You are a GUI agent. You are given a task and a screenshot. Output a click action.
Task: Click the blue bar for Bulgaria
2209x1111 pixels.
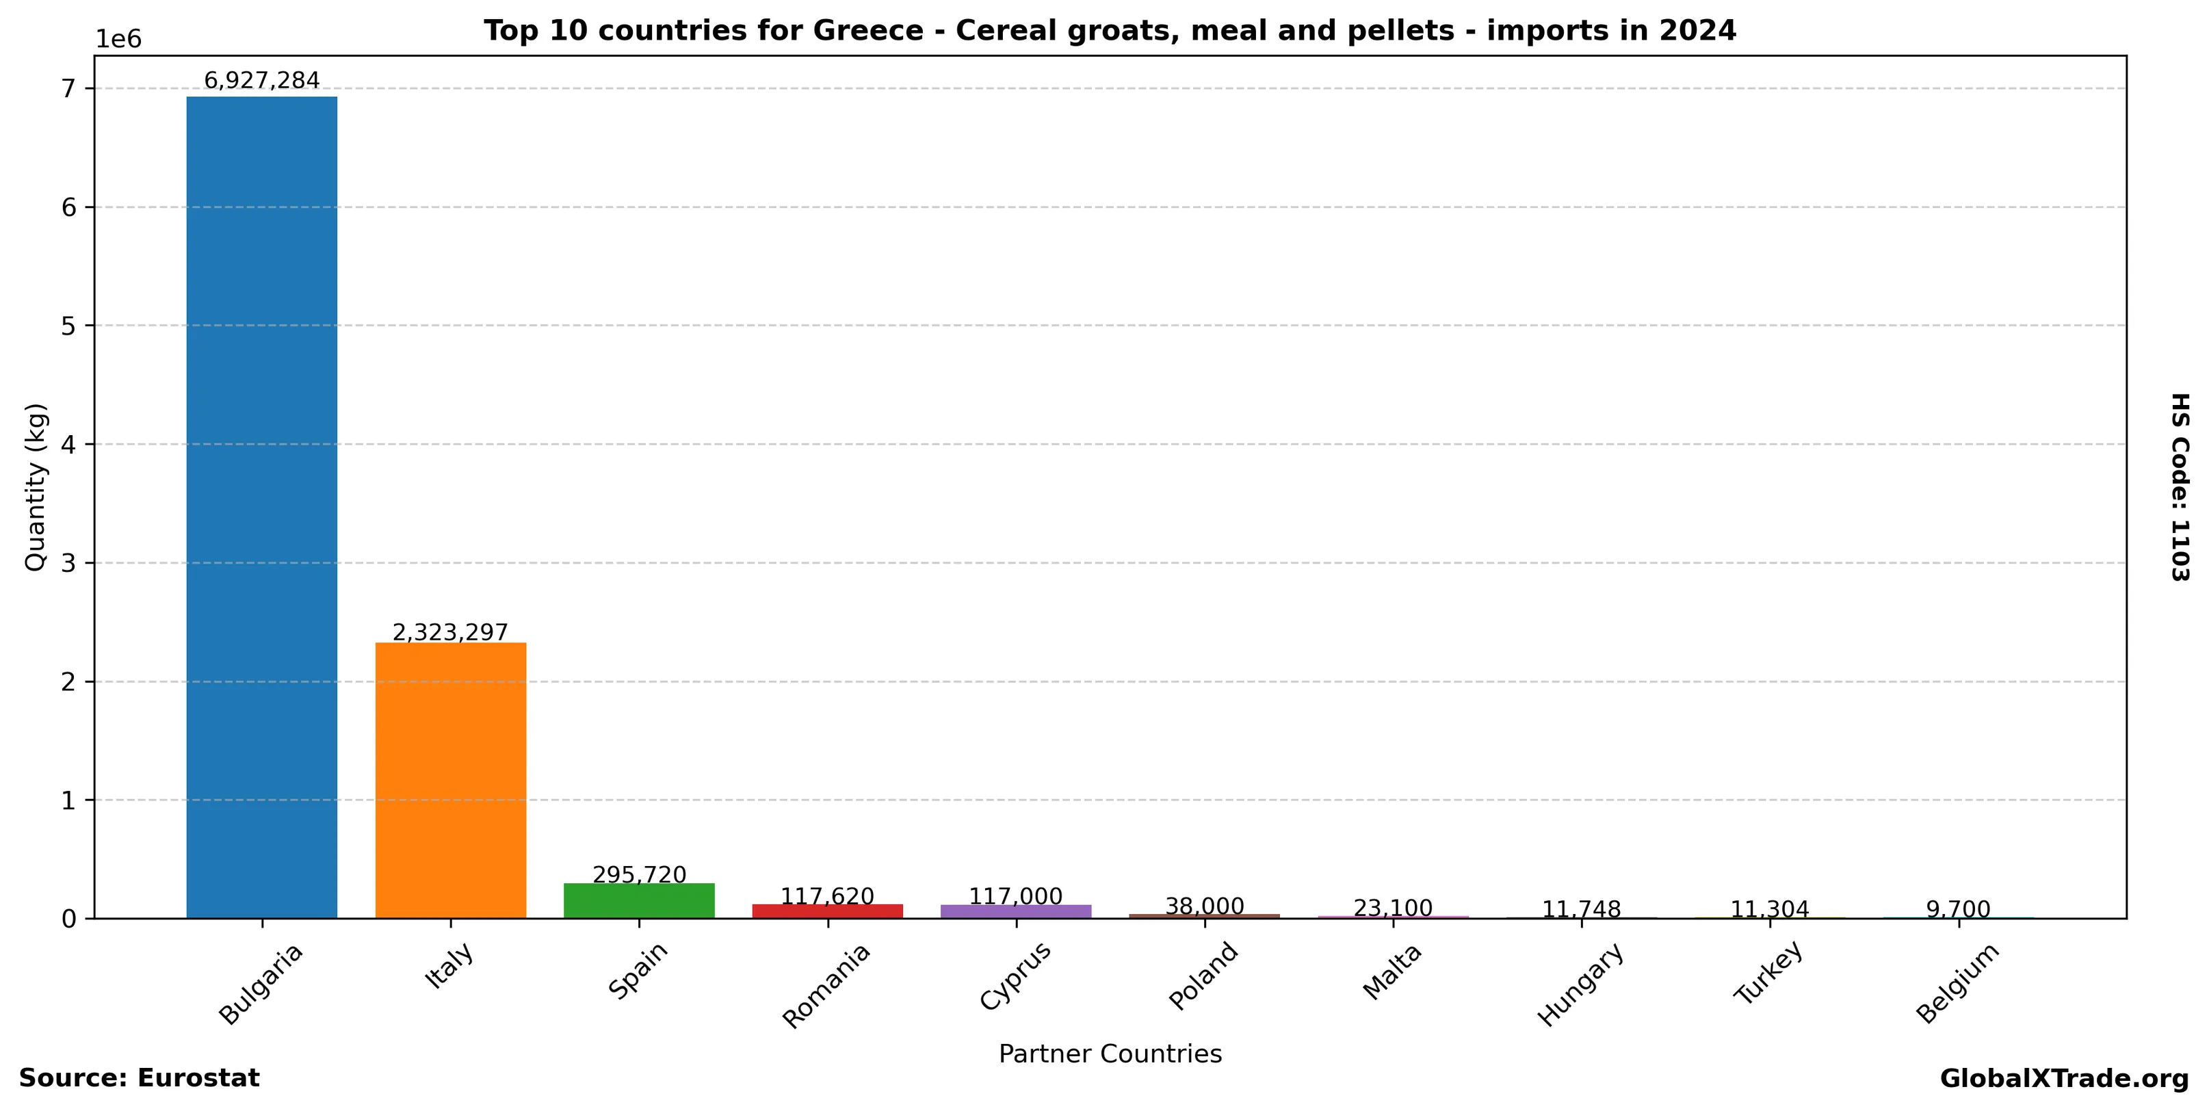[x=261, y=506]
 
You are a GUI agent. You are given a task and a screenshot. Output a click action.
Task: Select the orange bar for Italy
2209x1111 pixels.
[x=450, y=780]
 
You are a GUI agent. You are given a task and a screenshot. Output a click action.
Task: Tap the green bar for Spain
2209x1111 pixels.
[x=639, y=901]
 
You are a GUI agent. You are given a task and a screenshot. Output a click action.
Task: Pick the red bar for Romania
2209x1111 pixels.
[x=828, y=911]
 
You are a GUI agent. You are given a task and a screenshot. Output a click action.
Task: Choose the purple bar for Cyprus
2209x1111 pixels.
[x=1016, y=911]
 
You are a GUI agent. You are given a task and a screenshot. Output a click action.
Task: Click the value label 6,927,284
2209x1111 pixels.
[x=261, y=81]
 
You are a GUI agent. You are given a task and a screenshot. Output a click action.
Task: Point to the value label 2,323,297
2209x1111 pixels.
[x=450, y=633]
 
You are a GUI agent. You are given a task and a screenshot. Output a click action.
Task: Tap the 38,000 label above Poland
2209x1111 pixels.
[x=1205, y=906]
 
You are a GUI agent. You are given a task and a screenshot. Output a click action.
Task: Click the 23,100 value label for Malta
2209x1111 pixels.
[x=1393, y=908]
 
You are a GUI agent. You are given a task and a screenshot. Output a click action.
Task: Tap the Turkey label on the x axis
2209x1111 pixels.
[x=1768, y=973]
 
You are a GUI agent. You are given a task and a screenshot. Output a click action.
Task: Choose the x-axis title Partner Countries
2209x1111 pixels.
[x=1110, y=1054]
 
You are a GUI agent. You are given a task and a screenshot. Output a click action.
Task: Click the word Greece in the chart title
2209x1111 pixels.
[x=867, y=31]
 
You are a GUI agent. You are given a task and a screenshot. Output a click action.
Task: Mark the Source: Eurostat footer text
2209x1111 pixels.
[x=139, y=1078]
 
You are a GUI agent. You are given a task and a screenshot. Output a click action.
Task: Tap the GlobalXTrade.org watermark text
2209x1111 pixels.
[x=2064, y=1078]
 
